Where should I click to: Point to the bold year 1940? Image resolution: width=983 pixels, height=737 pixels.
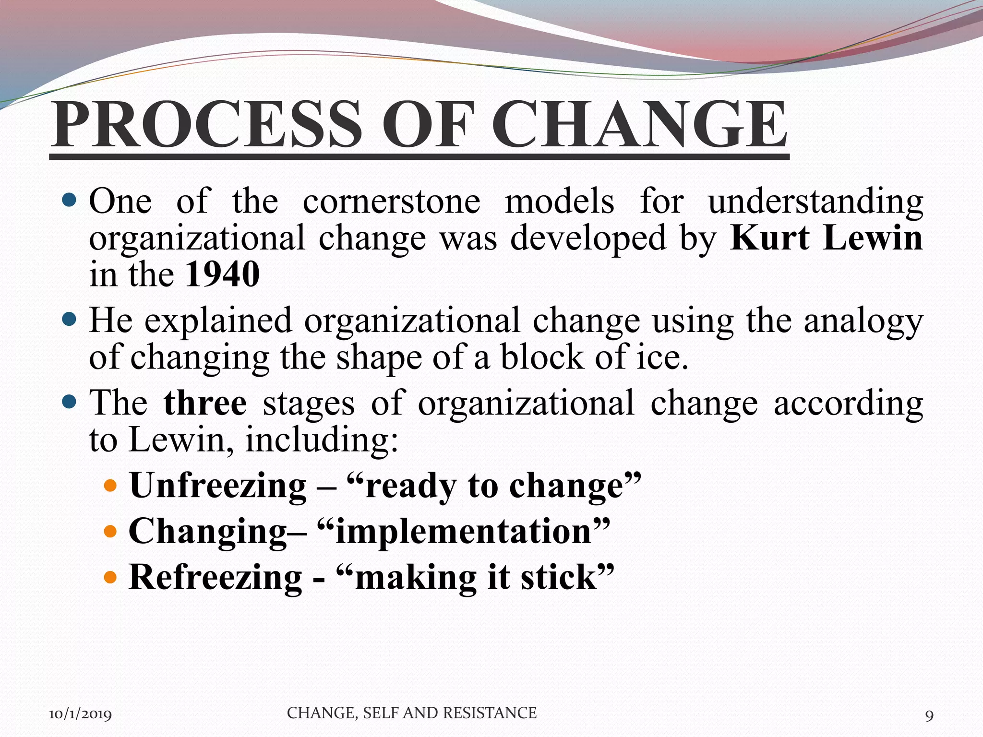(x=222, y=274)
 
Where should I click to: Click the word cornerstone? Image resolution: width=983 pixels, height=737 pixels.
(x=391, y=201)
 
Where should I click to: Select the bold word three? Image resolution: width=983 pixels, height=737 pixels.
(x=205, y=403)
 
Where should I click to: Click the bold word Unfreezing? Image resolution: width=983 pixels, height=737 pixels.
(x=218, y=486)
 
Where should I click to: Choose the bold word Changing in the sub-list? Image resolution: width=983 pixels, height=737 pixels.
(x=207, y=532)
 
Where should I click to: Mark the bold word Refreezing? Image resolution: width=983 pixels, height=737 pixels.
(x=216, y=577)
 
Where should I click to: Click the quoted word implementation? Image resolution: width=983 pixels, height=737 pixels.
(x=463, y=531)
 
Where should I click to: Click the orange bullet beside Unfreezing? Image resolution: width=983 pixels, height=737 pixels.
(x=110, y=486)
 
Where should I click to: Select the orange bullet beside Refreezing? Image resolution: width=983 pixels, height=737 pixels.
(x=110, y=577)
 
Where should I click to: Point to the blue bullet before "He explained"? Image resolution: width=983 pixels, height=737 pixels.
(x=70, y=319)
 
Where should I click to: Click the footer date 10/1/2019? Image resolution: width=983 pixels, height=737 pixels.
(x=80, y=714)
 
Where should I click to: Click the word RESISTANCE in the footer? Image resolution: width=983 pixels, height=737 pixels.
(x=490, y=713)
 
